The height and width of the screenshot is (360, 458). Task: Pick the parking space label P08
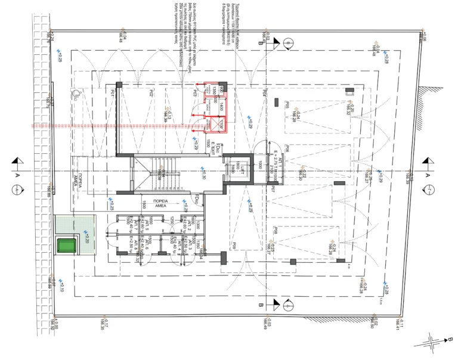coord(275,231)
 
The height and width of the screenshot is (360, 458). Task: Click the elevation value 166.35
coord(103,324)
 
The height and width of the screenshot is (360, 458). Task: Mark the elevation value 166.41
coord(396,324)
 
